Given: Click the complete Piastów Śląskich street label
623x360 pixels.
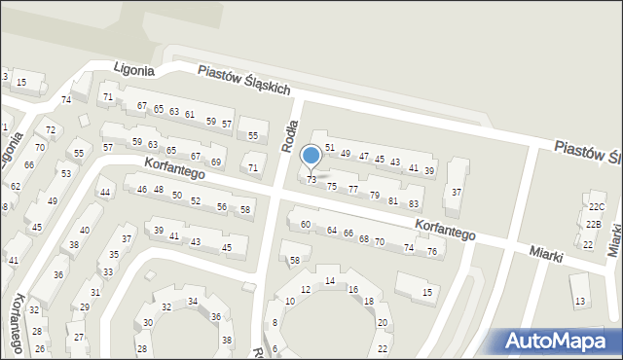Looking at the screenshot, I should (x=244, y=80).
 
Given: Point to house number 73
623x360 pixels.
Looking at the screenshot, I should (x=311, y=180).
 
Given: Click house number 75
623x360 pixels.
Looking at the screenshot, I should (x=332, y=186).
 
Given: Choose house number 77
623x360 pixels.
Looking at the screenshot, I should (x=353, y=190).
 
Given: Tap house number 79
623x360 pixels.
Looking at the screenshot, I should (x=375, y=196).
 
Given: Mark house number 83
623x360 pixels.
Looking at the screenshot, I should (x=414, y=203).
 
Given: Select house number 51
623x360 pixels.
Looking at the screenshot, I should (x=330, y=148).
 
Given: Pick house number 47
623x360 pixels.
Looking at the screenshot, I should (x=364, y=156).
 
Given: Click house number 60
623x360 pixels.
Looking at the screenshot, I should (x=305, y=225).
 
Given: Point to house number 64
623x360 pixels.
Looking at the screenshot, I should (x=332, y=231).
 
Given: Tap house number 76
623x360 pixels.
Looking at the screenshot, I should (x=432, y=251).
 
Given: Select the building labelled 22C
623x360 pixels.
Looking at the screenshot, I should (x=596, y=207).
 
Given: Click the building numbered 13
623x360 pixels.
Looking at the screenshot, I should (x=580, y=303).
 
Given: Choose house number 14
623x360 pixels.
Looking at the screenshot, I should (x=330, y=281).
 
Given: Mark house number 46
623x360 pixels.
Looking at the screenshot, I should (x=142, y=189).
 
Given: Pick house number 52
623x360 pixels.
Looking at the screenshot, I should (x=196, y=201).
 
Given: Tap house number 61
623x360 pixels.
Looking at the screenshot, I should (x=190, y=115).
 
